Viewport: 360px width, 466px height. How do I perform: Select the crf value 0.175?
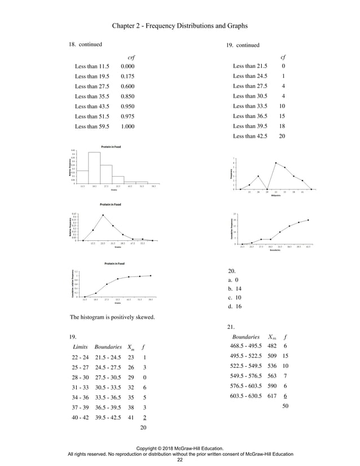[x=128, y=76]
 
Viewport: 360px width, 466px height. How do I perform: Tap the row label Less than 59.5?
[x=92, y=127]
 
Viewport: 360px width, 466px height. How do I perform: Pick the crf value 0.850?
[x=128, y=96]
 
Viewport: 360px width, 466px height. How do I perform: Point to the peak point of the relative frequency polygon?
[x=103, y=215]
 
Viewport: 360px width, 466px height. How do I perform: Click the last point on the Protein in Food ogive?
[x=151, y=275]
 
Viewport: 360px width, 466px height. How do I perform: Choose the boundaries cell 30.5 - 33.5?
[x=110, y=388]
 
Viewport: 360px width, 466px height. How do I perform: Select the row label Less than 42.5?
[x=250, y=137]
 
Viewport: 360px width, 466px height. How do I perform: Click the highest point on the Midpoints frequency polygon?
[x=275, y=162]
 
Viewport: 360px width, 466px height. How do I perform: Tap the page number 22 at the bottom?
[x=180, y=460]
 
